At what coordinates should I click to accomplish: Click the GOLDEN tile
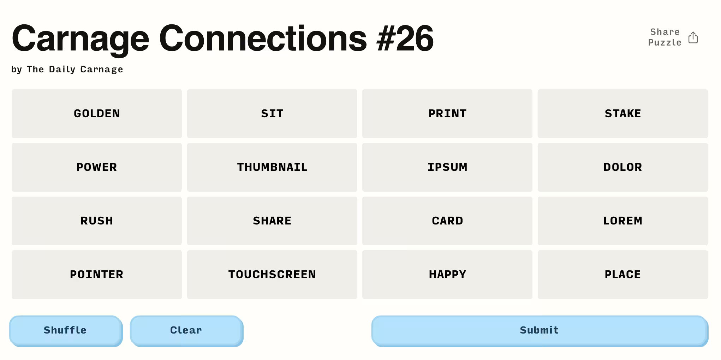(97, 114)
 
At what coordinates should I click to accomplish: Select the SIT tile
(272, 114)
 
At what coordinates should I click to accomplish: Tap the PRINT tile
(447, 114)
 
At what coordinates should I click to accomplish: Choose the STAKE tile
(623, 114)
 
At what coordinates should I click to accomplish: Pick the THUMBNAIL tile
(272, 167)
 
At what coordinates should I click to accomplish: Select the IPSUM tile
(447, 167)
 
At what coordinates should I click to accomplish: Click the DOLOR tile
(623, 167)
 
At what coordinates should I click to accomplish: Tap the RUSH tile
(97, 221)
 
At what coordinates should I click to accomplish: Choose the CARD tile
(447, 221)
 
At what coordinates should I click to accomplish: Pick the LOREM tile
(623, 221)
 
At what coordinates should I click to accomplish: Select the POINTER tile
(97, 275)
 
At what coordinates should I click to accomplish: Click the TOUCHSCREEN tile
(272, 275)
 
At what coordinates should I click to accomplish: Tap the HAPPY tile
(447, 275)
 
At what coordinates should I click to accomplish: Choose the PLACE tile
(623, 275)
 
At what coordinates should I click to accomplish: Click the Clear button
(186, 331)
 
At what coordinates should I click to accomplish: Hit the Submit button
(540, 331)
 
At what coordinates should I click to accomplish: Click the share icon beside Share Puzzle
(693, 37)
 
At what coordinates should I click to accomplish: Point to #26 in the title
(405, 38)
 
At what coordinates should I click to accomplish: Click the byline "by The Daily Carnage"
(67, 69)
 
